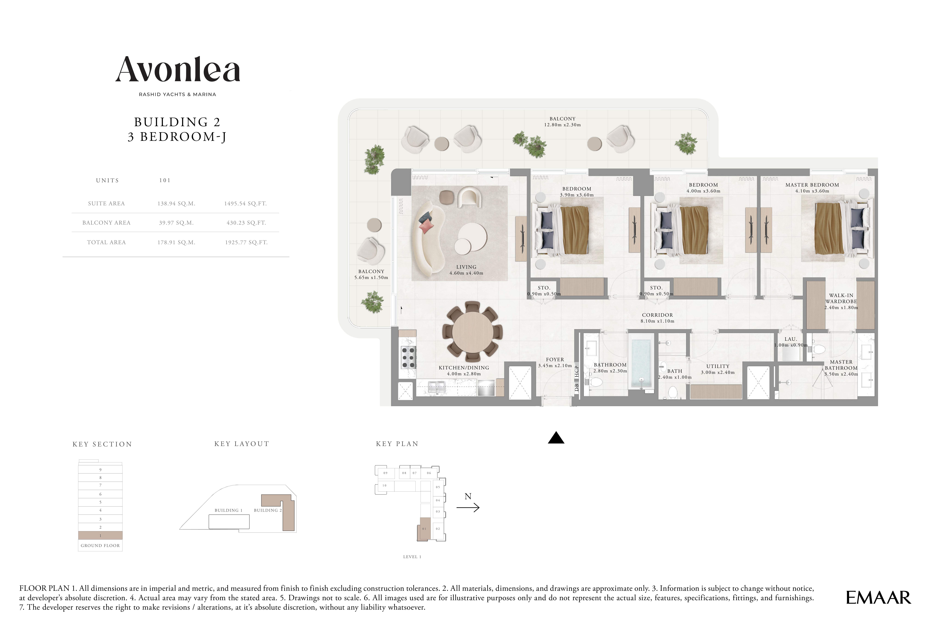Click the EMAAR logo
tap(878, 598)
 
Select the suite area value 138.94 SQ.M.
tap(176, 204)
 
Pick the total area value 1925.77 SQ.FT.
tap(246, 242)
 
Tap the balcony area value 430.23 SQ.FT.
tap(246, 223)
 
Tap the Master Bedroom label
tap(812, 185)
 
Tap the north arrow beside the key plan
tap(468, 507)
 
